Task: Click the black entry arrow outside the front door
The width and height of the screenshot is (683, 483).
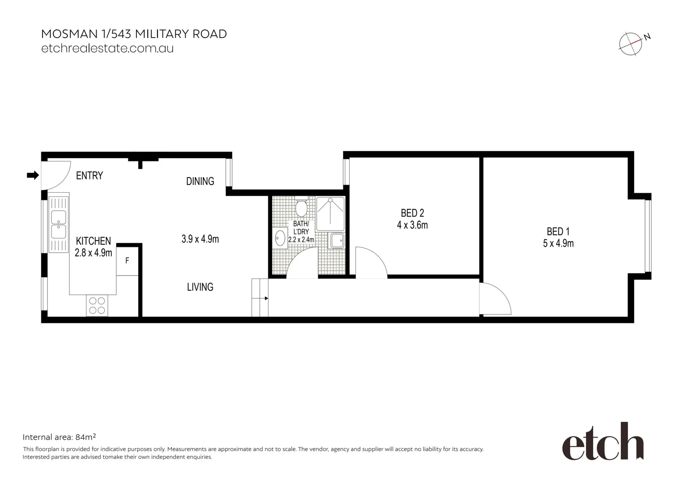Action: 33,175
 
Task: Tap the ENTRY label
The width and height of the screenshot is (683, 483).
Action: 89,176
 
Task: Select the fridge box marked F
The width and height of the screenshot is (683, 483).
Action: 127,260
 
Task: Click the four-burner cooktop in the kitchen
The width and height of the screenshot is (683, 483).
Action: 97,306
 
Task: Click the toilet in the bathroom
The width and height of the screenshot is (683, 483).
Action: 301,208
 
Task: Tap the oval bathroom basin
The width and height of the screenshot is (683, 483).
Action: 280,238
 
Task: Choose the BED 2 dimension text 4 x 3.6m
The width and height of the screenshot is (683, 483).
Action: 412,225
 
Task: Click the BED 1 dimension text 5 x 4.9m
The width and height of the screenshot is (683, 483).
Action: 558,244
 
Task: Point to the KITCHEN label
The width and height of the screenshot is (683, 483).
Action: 93,241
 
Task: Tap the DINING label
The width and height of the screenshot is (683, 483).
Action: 200,181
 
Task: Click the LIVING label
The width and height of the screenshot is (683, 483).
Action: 200,287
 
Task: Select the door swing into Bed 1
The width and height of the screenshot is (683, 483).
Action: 494,299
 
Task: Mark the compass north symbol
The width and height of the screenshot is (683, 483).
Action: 631,44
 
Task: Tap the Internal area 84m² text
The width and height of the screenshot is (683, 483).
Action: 59,437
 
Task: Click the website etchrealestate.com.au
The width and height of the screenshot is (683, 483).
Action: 107,48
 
